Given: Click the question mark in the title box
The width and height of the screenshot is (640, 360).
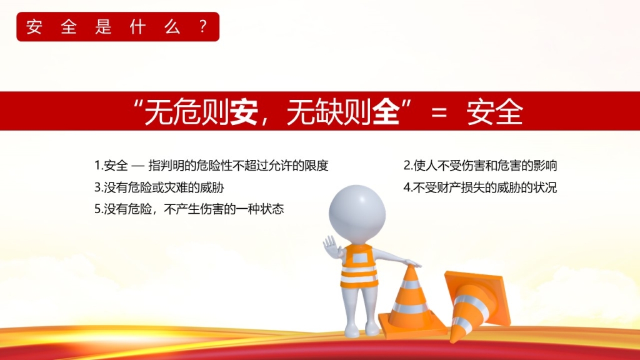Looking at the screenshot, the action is pos(203,27).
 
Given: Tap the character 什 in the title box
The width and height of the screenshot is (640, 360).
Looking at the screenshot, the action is pos(137,27).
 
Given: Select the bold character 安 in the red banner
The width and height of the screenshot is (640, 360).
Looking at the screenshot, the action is pos(244,111).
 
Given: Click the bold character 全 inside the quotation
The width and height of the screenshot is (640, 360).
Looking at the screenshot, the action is pos(386,111).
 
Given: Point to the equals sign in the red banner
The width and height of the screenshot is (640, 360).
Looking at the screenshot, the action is pos(439,112).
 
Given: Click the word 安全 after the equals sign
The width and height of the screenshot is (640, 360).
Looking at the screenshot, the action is pos(495,111).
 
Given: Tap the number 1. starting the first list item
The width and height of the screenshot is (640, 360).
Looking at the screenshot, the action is pos(99,166).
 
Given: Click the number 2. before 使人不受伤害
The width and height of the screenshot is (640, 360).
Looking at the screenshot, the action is pos(408,166).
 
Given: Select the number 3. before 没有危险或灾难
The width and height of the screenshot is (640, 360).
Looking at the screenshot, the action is pos(99,187).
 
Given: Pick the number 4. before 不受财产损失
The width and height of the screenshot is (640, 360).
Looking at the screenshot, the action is pos(408,187).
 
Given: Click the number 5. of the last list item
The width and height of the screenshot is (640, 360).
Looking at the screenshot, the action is pos(99,209).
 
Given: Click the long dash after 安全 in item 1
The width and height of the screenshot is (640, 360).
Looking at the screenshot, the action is pos(138,166).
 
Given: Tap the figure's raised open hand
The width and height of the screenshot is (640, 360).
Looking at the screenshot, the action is pos(330,246).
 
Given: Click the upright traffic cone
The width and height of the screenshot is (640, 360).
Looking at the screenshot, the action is pos(411,302).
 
